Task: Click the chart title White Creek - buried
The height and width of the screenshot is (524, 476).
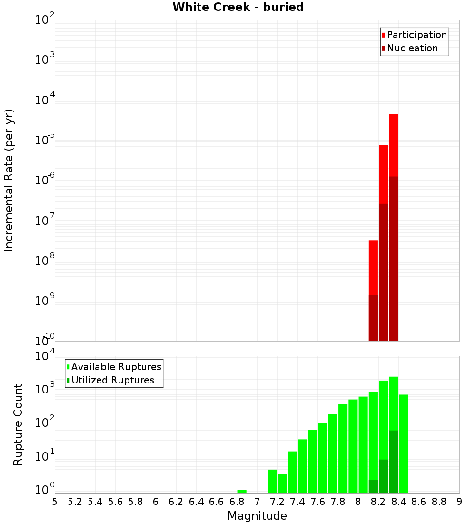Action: [x=238, y=7]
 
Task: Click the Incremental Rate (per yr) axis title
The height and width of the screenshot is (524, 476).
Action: [x=9, y=180]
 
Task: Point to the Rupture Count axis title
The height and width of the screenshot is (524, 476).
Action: [x=18, y=424]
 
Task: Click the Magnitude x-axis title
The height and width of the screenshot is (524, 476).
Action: [x=257, y=516]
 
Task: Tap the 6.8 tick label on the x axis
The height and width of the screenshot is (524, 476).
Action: [x=237, y=502]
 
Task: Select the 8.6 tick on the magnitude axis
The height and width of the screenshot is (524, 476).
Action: [x=419, y=502]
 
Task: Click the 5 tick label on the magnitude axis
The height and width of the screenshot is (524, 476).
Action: [x=55, y=502]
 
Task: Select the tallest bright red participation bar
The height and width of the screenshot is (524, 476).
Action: [x=393, y=143]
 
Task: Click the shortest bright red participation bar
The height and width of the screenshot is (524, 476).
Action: [x=373, y=267]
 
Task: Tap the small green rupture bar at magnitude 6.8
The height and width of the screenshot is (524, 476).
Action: [x=242, y=491]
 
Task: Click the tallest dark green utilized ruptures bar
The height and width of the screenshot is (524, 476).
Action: [x=393, y=461]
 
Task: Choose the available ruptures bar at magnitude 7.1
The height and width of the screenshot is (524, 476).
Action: [x=272, y=481]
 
